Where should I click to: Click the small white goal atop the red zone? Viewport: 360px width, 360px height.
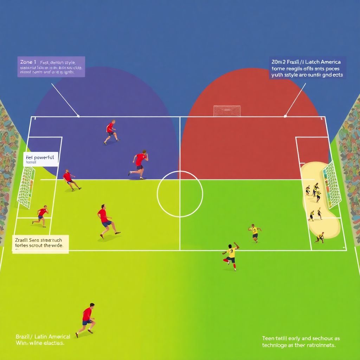point(227,111)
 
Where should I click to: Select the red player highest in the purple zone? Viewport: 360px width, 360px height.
point(111,132)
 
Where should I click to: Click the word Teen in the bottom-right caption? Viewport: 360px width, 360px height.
point(268,338)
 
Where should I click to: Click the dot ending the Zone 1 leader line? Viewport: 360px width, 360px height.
point(78,116)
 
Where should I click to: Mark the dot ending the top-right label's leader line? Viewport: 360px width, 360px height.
point(285,115)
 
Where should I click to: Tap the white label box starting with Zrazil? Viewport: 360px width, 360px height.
point(40,243)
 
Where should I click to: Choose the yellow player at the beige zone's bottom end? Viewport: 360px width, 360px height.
point(320,237)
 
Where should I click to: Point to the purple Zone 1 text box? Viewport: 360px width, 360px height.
point(51,67)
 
